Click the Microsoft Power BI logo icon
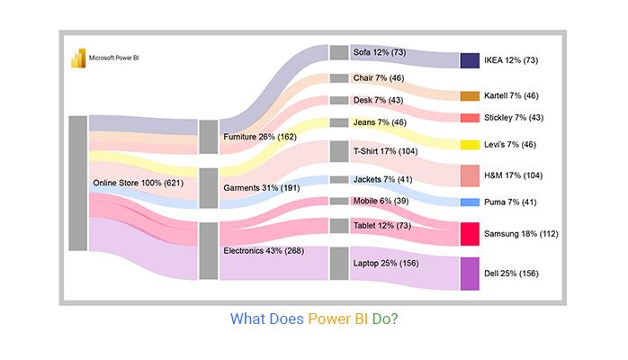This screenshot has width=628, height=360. (x=77, y=57)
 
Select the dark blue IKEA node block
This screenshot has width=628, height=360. (x=470, y=60)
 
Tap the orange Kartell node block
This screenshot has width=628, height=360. (x=470, y=95)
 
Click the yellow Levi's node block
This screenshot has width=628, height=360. (x=470, y=145)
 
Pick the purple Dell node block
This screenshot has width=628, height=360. (x=470, y=274)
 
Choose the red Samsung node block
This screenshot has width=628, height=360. (x=470, y=234)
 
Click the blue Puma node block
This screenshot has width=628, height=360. (x=470, y=202)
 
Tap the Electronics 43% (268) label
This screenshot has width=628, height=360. (x=263, y=250)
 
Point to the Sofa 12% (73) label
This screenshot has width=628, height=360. (x=380, y=52)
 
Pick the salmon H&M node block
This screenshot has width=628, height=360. (x=470, y=175)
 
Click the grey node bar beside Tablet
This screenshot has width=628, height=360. (x=338, y=225)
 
